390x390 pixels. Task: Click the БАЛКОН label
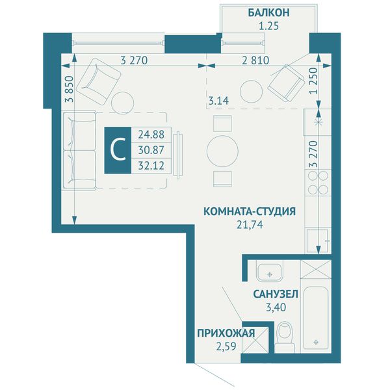268,12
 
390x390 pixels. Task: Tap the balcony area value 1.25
269,26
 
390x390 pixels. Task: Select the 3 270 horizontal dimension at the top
134,60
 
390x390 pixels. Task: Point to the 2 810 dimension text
255,60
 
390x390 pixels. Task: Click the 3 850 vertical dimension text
70,89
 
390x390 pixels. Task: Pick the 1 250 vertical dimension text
314,81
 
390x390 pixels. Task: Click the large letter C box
118,150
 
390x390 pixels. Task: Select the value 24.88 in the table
151,135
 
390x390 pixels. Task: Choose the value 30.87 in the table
151,150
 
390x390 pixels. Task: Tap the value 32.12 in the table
151,165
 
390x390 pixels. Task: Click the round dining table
222,151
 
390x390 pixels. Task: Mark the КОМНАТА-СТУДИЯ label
250,212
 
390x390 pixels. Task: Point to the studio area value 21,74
250,225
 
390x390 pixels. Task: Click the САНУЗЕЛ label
276,294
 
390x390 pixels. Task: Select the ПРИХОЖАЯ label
226,333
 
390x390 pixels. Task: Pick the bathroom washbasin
269,272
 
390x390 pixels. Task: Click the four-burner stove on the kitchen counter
318,183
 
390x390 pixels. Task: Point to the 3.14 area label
218,101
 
